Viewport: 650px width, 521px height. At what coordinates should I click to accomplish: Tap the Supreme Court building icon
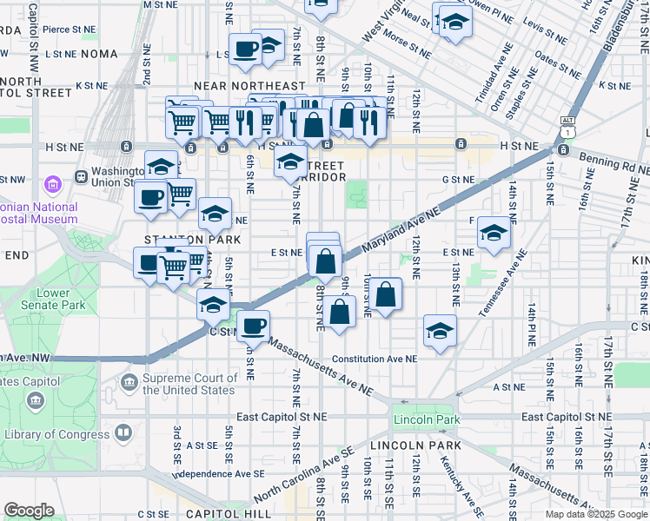click(x=129, y=383)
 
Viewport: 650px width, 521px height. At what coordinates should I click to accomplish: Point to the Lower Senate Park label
click(x=53, y=299)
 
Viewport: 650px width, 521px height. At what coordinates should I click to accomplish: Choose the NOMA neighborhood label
click(x=99, y=54)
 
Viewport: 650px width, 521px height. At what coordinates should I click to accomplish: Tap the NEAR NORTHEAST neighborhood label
click(x=250, y=87)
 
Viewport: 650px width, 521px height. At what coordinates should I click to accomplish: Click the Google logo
click(x=29, y=511)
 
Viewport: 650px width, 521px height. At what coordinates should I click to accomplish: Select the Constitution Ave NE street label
click(x=375, y=359)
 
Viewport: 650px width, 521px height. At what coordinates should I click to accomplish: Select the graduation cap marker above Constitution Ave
click(x=440, y=330)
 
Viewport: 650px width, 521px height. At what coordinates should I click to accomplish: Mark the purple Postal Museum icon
click(x=54, y=184)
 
